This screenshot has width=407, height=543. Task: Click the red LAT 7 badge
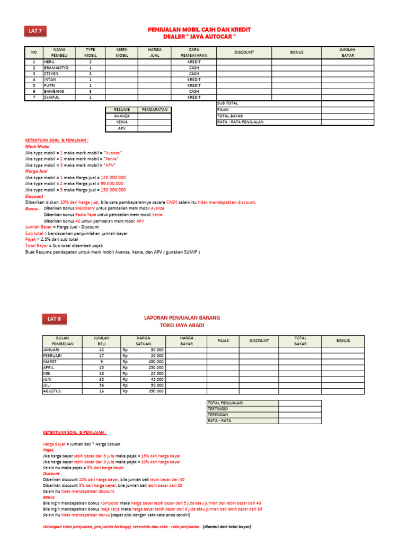point(36,32)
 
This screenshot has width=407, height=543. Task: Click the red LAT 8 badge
point(54,319)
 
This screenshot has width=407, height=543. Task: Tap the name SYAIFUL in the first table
point(51,97)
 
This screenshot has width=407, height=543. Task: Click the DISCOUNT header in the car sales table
point(244,52)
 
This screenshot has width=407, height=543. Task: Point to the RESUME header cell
point(122,109)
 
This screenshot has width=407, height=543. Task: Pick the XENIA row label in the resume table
point(122,122)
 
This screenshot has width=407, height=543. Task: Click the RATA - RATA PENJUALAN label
point(240,122)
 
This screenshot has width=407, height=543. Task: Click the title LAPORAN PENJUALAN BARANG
point(182,317)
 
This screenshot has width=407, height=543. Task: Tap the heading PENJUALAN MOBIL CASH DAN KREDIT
point(199,30)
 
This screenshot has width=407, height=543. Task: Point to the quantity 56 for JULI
point(101,386)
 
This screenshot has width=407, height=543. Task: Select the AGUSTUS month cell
point(53,391)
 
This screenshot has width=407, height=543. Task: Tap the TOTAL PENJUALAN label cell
point(225,403)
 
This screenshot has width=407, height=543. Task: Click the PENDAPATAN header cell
point(155,109)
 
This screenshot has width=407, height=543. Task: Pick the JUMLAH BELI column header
point(101,340)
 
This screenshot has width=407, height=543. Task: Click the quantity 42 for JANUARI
point(101,350)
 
